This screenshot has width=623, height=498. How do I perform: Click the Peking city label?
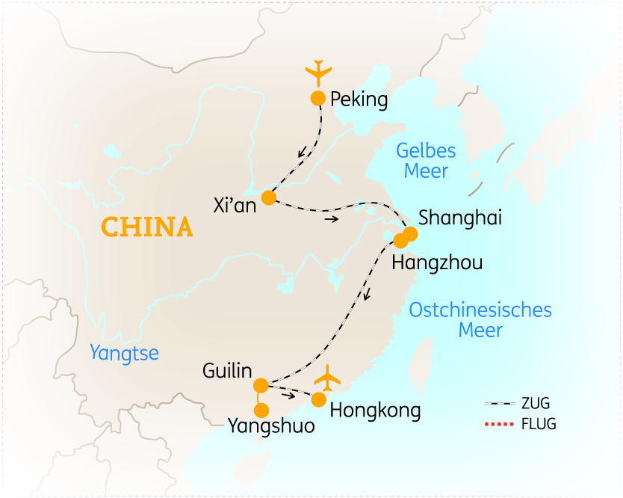coord(359,99)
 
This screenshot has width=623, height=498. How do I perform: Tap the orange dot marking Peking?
coord(317,98)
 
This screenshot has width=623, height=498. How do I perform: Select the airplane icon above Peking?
coord(318,73)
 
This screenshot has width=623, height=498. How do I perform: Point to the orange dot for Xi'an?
coord(268,197)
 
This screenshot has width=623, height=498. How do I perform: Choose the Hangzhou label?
coord(437,262)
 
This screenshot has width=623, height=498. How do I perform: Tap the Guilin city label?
coord(227,371)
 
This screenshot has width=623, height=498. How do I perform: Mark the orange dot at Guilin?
coord(261,386)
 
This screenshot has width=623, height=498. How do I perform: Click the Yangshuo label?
coord(271,427)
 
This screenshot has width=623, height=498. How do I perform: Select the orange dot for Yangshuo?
coord(261,410)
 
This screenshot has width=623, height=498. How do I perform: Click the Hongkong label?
coord(375,410)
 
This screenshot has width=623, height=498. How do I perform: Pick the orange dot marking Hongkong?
coord(319,399)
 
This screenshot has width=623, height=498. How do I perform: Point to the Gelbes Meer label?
coord(426,160)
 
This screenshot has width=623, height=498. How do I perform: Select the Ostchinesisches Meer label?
coord(480,319)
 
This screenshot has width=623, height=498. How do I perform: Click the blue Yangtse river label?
coord(124,352)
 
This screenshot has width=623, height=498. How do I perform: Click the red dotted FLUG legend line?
coord(499,425)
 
